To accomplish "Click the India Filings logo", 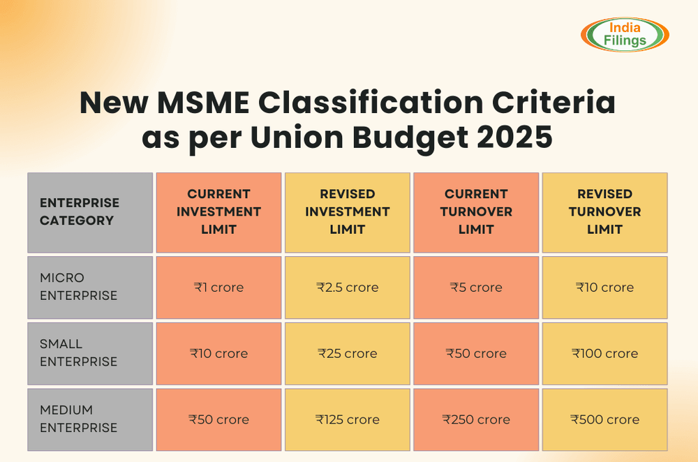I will [625, 34].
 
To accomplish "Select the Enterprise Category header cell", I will [90, 212].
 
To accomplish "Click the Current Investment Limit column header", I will [218, 212].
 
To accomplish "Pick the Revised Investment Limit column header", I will [348, 212].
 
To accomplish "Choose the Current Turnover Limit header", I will [476, 212].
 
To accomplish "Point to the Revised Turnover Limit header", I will [604, 212].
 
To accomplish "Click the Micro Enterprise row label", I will [90, 287].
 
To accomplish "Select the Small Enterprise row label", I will [90, 353].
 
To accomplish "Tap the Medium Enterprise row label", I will [90, 419].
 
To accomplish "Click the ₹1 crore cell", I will [218, 287].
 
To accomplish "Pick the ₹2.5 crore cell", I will [348, 287].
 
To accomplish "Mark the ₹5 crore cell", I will [476, 287].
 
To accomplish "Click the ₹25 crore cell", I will [348, 353].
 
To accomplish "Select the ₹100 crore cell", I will [604, 353].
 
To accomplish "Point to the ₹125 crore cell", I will [348, 419].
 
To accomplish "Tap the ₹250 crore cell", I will [476, 419].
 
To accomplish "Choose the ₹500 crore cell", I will [604, 419].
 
